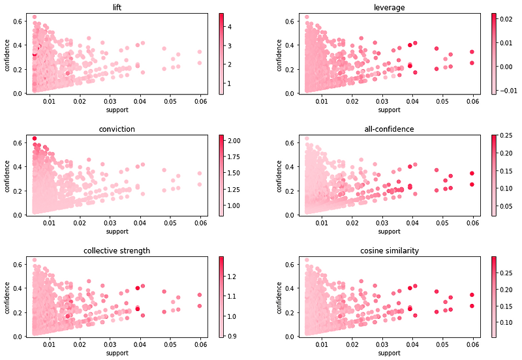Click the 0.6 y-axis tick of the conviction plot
[x=20, y=142]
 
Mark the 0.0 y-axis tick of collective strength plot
[x=20, y=337]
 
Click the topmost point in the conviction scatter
[x=34, y=138]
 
